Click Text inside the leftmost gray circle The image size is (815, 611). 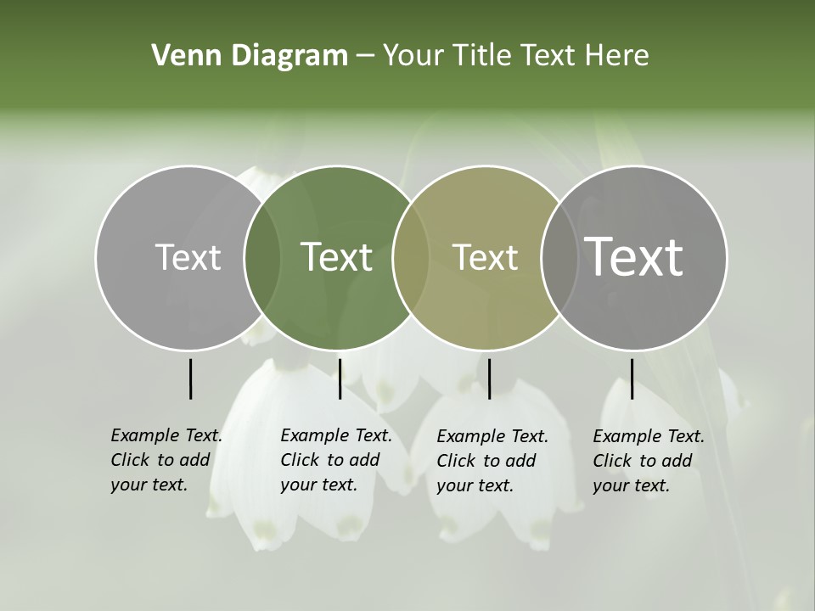tap(188, 257)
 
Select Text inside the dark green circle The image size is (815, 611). tap(336, 257)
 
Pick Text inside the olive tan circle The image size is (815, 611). tap(485, 257)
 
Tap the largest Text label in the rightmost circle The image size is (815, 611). tap(633, 256)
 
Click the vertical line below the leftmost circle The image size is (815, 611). tap(190, 378)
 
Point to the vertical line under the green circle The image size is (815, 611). tap(340, 378)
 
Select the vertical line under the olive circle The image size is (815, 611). tap(489, 378)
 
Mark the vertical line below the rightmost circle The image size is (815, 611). tap(632, 378)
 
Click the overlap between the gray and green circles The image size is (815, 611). tap(261, 257)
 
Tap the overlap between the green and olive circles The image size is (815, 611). tap(410, 257)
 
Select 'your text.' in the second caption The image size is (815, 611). tap(318, 485)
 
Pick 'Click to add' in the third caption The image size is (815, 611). tap(486, 461)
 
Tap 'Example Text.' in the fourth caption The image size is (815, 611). tap(649, 436)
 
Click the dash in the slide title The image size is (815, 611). tap(365, 56)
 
